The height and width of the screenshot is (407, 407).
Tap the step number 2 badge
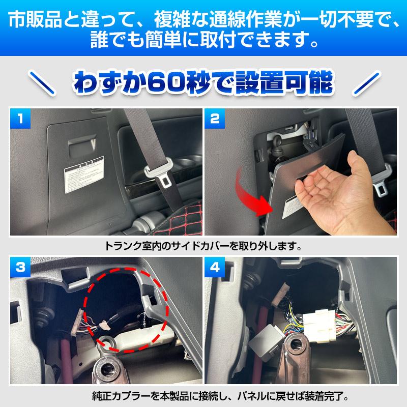(215, 120)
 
